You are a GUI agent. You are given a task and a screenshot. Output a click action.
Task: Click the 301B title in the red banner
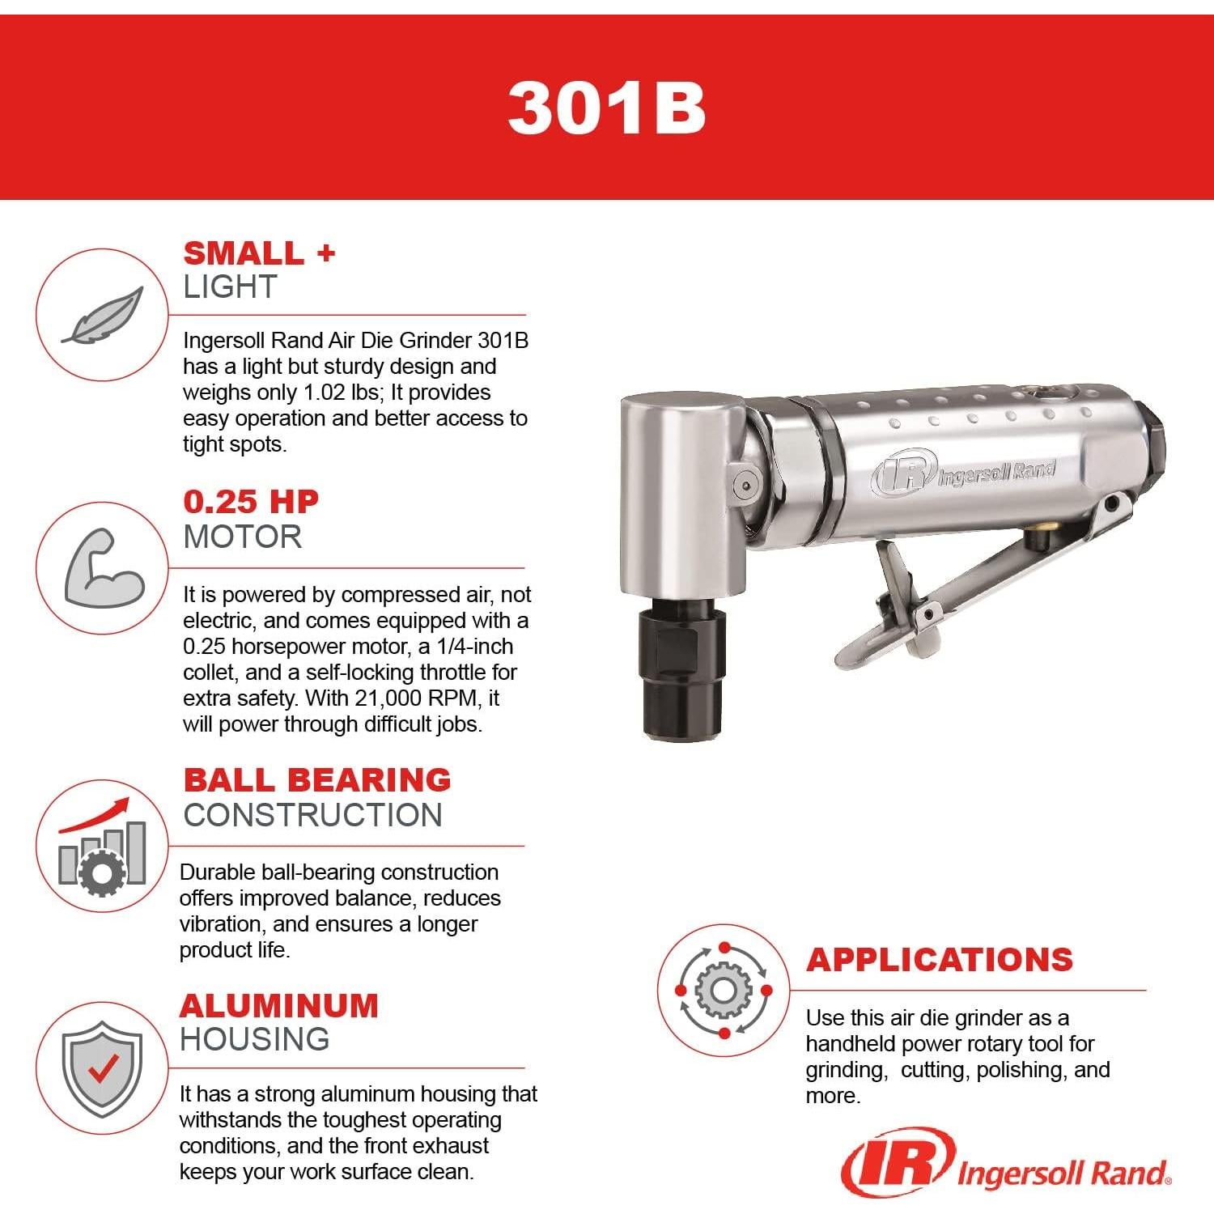coord(606,108)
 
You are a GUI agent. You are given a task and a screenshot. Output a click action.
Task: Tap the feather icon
coord(102,316)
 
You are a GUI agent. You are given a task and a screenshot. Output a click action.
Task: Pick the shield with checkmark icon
coord(102,1068)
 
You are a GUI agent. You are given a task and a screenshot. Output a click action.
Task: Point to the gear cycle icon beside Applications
coord(724,991)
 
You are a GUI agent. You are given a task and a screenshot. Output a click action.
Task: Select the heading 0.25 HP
coord(251,502)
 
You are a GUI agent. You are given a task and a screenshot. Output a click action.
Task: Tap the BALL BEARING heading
coord(316,779)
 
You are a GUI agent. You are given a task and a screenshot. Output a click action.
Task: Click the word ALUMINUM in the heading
coord(278,1006)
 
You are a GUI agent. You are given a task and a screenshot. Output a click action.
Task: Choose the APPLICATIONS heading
coord(939,960)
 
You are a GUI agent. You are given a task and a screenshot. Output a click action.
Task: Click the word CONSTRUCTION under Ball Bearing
coord(312,815)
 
